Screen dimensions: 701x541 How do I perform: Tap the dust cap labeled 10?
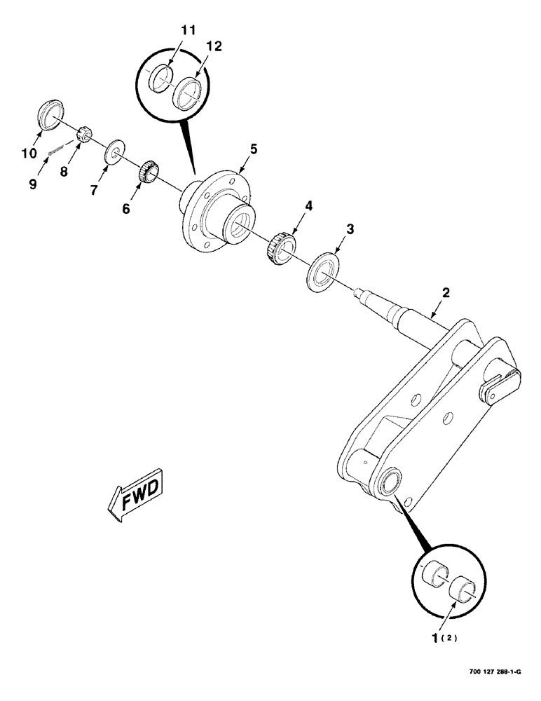pos(50,116)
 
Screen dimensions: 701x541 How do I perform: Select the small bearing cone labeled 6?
pos(146,172)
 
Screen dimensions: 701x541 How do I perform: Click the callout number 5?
pos(254,149)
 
